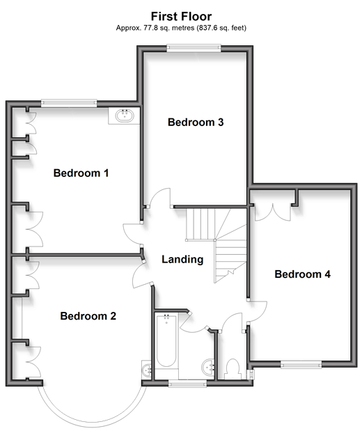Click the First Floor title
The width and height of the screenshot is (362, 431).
click(181, 17)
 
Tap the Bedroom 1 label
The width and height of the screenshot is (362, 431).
click(81, 173)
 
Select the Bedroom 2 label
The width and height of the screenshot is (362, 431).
click(88, 316)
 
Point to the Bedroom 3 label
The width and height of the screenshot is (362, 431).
click(196, 123)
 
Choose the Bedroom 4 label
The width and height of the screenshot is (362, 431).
click(302, 274)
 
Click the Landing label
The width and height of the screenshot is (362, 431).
click(182, 259)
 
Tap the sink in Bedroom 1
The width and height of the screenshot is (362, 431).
click(125, 116)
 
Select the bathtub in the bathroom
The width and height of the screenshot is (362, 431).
click(166, 341)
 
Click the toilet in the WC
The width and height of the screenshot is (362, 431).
click(233, 369)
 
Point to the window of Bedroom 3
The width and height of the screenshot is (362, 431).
click(194, 49)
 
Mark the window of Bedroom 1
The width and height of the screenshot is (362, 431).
click(69, 103)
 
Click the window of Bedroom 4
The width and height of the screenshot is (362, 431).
click(301, 364)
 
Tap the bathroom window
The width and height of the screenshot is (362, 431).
click(187, 384)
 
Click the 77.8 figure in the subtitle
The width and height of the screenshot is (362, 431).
click(150, 28)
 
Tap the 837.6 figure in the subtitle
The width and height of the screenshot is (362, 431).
click(207, 28)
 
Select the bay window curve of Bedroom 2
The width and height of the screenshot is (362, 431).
click(93, 421)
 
